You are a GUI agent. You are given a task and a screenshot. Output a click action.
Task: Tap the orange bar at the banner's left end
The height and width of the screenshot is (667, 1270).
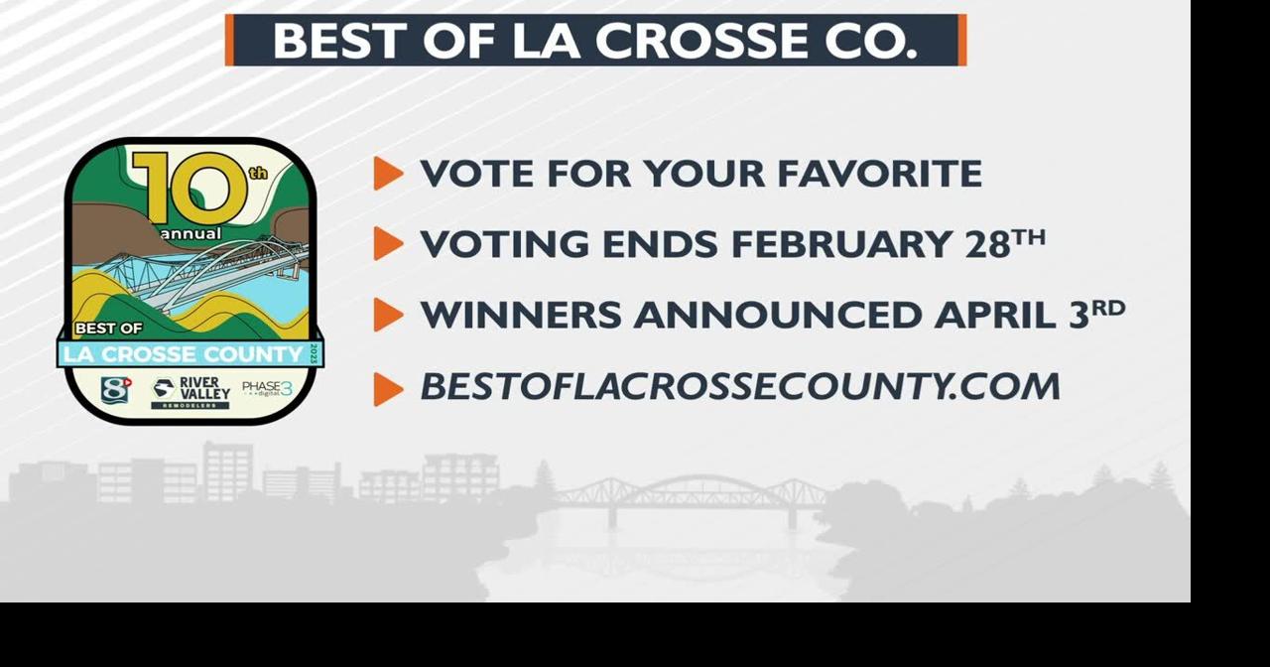coord(229,41)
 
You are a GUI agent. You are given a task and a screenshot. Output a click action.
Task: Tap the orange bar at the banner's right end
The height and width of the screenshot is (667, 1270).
coord(961,41)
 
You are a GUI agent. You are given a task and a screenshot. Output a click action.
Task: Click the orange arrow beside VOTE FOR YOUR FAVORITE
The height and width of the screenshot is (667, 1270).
coord(388,174)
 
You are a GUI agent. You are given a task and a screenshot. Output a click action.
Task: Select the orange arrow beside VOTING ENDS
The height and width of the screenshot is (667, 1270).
coord(388,244)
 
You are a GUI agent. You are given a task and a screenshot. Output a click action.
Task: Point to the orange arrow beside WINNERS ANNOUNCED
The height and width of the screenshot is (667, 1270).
coord(388,316)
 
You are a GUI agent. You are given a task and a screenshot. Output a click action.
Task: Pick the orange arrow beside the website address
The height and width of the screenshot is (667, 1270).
coord(388,388)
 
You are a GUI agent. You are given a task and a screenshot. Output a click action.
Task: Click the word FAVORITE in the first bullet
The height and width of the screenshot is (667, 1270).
coord(879,174)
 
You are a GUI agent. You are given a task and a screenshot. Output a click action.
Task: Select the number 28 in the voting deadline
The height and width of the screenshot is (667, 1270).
coord(986,244)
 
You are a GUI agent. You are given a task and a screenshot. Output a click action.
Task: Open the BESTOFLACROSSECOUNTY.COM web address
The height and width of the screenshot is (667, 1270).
coord(740,387)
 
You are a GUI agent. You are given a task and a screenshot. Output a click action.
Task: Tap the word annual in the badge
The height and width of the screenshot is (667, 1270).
coord(191,234)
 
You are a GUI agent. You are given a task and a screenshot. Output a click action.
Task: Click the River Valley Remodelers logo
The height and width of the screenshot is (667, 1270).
coord(190,392)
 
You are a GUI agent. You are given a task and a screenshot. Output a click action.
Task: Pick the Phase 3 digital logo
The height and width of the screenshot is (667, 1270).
coord(267,389)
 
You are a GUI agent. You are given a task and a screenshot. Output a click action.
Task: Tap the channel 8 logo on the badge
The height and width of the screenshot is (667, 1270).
coord(116,389)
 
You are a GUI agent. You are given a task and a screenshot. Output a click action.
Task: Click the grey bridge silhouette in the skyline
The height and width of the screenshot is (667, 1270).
coord(691,497)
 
